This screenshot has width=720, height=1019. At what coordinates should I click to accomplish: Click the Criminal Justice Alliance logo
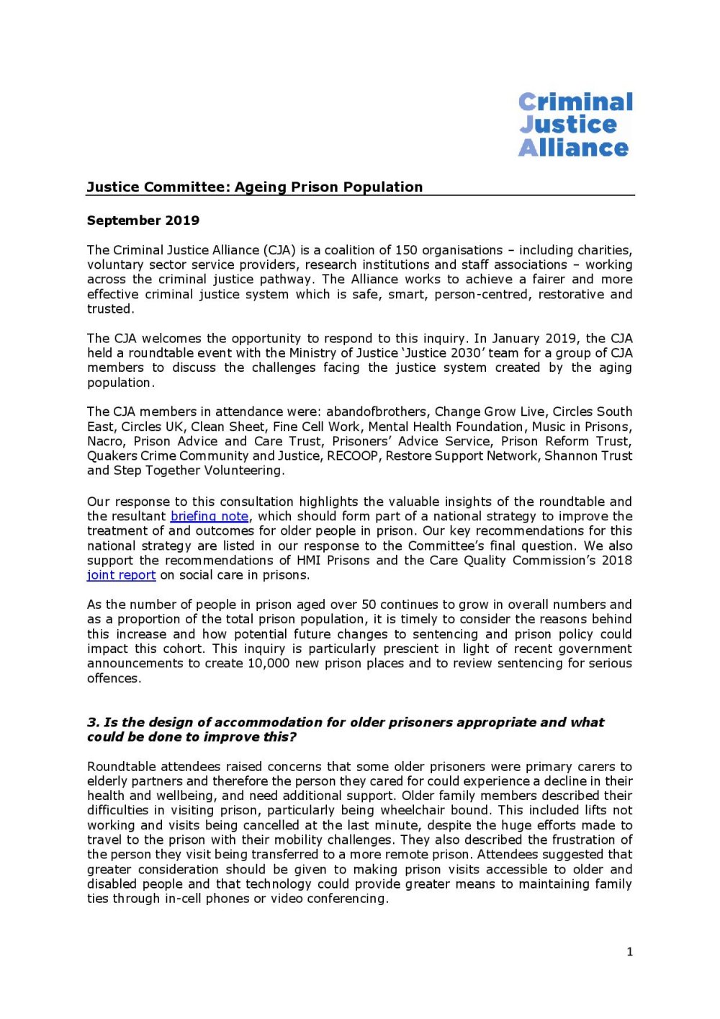[x=575, y=125]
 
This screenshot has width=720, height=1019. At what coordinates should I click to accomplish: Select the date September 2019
[x=143, y=221]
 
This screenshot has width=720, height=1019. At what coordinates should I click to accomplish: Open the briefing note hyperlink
[x=210, y=517]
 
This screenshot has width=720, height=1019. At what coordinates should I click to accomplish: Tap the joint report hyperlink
[x=121, y=575]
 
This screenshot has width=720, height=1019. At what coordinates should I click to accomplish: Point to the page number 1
[x=630, y=952]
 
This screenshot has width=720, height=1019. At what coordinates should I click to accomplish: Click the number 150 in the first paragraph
[x=406, y=250]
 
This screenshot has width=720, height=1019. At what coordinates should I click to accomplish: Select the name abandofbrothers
[x=377, y=411]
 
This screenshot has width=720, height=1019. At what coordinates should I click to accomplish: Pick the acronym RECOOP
[x=352, y=455]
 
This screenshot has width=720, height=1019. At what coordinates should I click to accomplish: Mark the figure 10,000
[x=269, y=663]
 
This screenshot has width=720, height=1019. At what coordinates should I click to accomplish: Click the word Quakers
[x=112, y=455]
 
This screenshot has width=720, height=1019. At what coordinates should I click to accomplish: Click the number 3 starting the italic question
[x=91, y=722]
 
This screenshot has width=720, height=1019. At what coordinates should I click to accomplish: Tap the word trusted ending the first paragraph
[x=109, y=308]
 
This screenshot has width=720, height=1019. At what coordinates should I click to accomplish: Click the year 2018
[x=618, y=560]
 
